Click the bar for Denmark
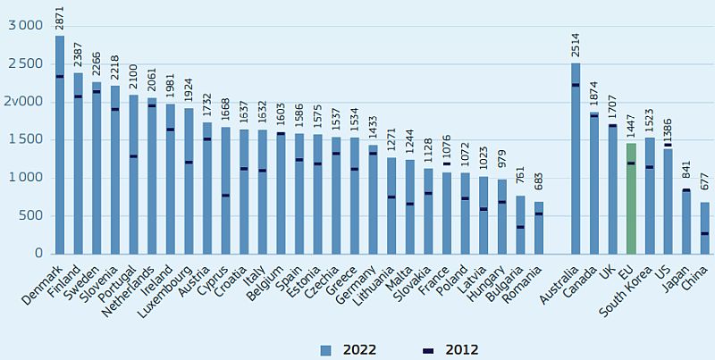[x=60, y=143]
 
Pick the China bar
[x=705, y=228]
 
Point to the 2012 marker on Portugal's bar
[x=133, y=156]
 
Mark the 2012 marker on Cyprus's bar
[x=225, y=196]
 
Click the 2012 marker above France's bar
[x=447, y=163]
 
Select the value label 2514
[x=576, y=46]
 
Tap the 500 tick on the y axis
[x=31, y=215]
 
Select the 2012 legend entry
[x=451, y=349]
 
